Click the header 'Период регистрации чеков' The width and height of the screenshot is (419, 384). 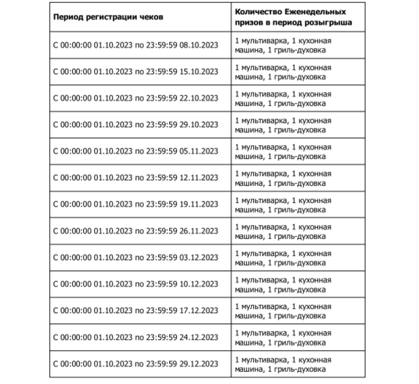point(108,17)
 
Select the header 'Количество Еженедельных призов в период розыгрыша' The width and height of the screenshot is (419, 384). point(293,17)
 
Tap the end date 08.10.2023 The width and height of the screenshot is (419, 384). point(199,45)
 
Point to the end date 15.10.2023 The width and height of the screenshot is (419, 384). point(199,72)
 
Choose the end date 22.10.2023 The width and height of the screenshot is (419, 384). point(199,98)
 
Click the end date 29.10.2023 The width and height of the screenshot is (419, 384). point(199,124)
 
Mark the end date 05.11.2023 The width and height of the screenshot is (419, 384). point(199,151)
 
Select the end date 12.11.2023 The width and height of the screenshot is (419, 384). point(199,178)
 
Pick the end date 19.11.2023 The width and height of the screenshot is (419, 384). point(199,204)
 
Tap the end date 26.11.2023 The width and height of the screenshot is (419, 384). point(199,231)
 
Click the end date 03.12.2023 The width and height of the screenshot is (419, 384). point(199,257)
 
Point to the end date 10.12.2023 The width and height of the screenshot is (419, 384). point(199,284)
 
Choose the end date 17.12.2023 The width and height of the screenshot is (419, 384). point(199,311)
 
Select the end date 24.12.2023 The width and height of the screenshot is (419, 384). point(199,337)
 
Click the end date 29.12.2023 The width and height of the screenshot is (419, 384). point(199,364)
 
